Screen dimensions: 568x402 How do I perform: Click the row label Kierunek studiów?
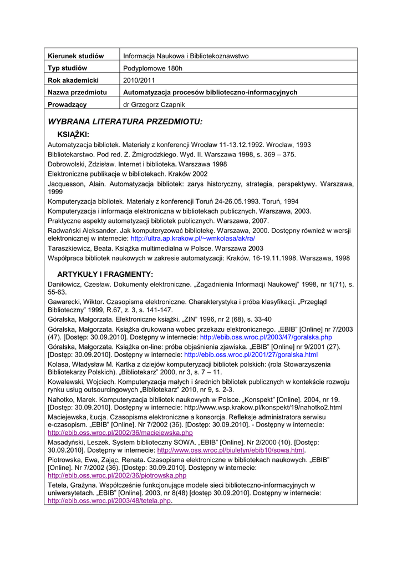(76, 56)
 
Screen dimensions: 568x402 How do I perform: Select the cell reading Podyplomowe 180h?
(152, 68)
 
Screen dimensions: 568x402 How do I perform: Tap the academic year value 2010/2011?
(138, 80)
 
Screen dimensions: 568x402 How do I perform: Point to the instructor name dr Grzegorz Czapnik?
(154, 104)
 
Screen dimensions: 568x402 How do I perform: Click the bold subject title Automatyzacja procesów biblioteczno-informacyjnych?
(210, 93)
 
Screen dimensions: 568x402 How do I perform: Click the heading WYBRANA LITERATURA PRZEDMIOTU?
(125, 121)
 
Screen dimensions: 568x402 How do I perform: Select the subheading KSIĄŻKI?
(74, 134)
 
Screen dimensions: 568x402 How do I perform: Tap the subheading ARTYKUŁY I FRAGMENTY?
(105, 274)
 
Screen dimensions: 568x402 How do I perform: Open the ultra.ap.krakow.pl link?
(193, 238)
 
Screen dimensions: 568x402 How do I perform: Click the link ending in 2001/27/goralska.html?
(251, 354)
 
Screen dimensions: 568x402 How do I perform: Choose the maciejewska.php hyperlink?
(120, 432)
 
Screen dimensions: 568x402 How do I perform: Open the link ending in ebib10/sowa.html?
(231, 450)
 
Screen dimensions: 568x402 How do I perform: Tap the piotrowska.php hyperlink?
(117, 475)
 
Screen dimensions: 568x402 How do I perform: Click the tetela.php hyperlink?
(109, 500)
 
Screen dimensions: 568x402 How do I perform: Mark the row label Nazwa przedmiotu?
(78, 93)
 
